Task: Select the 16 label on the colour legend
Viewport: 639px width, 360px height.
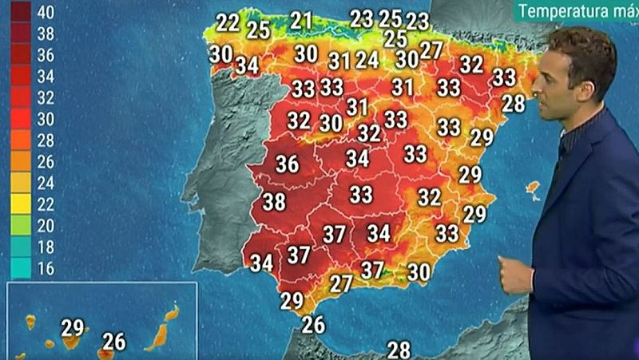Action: pos(46,268)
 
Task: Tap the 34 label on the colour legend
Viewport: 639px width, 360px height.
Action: pos(46,77)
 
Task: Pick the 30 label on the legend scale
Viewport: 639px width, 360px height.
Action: pos(46,120)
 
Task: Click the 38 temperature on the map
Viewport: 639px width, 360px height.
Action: pos(274,202)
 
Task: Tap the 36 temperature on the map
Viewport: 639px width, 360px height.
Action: pos(287,164)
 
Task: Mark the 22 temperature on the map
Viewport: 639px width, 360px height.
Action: pos(228,22)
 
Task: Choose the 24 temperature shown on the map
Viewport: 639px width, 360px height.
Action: pos(367,60)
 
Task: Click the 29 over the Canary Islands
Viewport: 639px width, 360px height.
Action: pos(73,327)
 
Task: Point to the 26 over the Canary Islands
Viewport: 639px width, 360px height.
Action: pos(114,342)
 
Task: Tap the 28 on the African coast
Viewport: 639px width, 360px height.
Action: pos(399,349)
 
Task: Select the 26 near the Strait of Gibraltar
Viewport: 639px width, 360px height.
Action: pos(314,324)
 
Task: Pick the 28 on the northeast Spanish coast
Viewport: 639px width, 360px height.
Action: pos(514,103)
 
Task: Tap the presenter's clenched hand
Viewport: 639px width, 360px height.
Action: pos(514,275)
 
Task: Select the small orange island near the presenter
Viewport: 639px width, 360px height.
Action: pos(532,189)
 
